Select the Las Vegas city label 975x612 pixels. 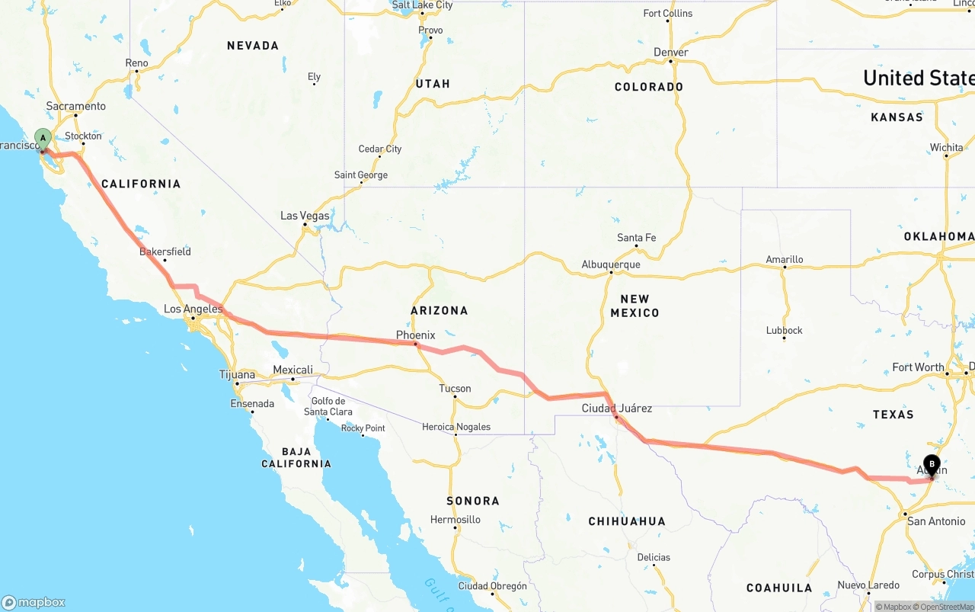(305, 216)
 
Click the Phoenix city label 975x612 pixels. (415, 335)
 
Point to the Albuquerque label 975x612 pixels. (610, 264)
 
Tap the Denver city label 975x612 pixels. (670, 52)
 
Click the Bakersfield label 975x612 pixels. (165, 252)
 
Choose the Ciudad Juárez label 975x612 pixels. (616, 408)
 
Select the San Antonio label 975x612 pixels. (936, 521)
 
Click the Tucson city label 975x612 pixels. (455, 388)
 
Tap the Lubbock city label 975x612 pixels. (784, 330)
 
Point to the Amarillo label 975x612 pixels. (784, 259)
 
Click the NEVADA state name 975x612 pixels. (253, 46)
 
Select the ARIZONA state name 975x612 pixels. (439, 310)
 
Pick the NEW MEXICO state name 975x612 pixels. (635, 306)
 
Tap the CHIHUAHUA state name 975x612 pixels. (626, 521)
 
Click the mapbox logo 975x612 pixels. (34, 602)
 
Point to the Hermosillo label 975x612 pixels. (455, 519)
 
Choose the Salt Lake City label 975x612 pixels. (422, 5)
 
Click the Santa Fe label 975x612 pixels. (636, 238)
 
